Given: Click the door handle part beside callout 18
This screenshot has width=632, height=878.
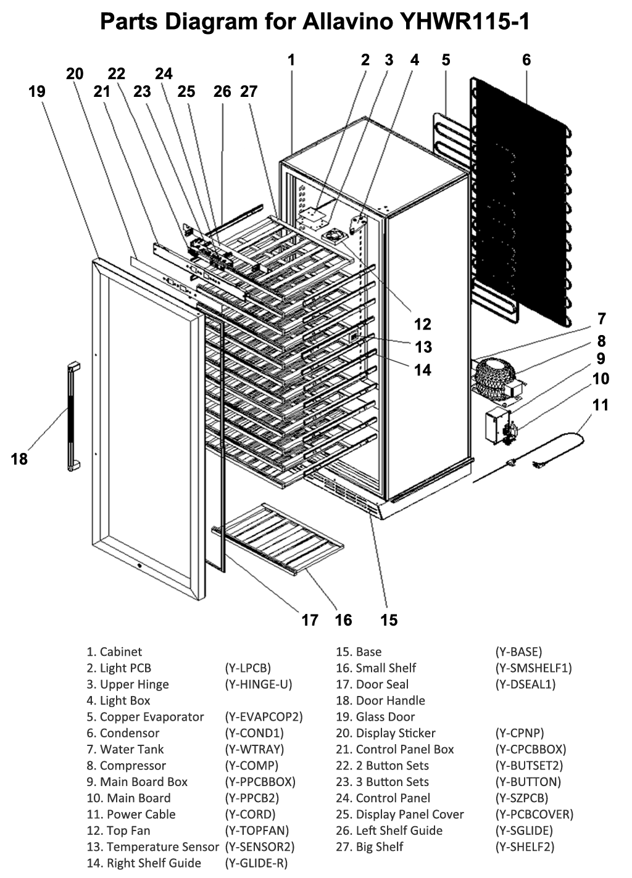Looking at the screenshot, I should (x=73, y=417).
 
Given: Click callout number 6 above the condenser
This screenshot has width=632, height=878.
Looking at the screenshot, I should (x=526, y=60).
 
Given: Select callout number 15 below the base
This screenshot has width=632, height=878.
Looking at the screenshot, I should (x=389, y=619).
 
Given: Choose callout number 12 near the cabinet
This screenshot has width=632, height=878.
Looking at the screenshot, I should (x=422, y=324).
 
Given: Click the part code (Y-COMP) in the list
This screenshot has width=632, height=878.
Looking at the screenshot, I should (x=251, y=765).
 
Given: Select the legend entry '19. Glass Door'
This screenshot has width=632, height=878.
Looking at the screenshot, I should (x=375, y=716).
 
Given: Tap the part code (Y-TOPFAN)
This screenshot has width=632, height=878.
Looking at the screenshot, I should (x=257, y=830).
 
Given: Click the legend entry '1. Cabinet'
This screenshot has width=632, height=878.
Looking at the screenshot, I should (x=114, y=652).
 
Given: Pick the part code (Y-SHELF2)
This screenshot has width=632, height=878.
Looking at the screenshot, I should (x=525, y=847).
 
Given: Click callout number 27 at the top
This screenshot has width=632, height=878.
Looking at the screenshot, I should (x=248, y=91).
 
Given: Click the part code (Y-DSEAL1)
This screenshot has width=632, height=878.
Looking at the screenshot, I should (x=525, y=684).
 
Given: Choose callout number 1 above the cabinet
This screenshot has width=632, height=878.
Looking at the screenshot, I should (x=291, y=60).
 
